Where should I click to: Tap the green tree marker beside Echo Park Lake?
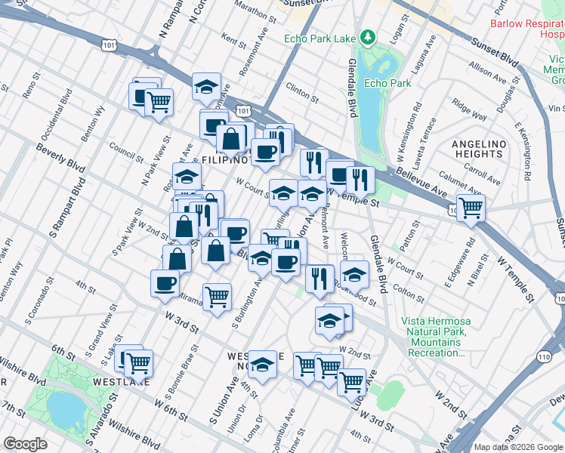point(368,36)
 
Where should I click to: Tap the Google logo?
point(25,444)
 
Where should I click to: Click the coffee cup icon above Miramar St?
point(165,283)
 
